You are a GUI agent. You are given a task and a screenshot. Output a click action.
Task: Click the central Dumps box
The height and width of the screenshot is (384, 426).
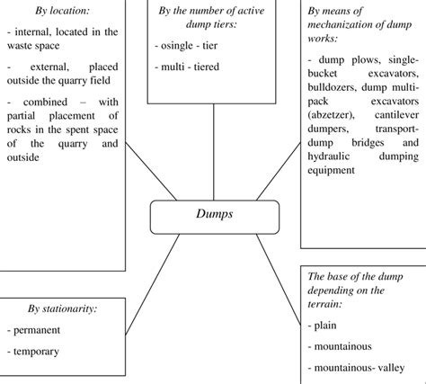[x=214, y=216]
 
